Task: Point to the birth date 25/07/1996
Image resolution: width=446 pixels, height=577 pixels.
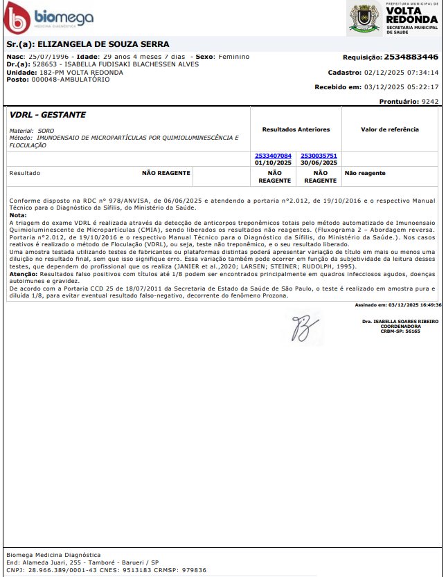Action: [x=50, y=56]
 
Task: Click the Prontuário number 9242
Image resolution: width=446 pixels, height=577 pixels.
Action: [x=430, y=101]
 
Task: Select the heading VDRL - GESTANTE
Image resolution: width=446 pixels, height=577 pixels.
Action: [x=48, y=115]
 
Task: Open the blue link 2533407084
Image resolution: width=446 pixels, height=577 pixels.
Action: [x=274, y=156]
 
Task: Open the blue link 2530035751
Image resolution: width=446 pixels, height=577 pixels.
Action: [x=319, y=156]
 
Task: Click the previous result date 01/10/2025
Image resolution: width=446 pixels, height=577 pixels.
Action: [x=274, y=163]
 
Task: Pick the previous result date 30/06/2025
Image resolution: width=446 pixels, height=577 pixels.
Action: [x=319, y=163]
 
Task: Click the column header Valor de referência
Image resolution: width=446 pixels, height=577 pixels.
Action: [x=390, y=129]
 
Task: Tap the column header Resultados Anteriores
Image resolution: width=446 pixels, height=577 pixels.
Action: [x=296, y=129]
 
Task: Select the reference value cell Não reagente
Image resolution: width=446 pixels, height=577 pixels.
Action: [x=365, y=173]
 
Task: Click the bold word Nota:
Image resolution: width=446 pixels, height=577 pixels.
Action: [x=18, y=215]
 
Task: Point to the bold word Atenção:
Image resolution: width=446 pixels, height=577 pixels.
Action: [x=23, y=274]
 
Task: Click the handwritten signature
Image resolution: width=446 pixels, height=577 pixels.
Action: [x=303, y=327]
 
